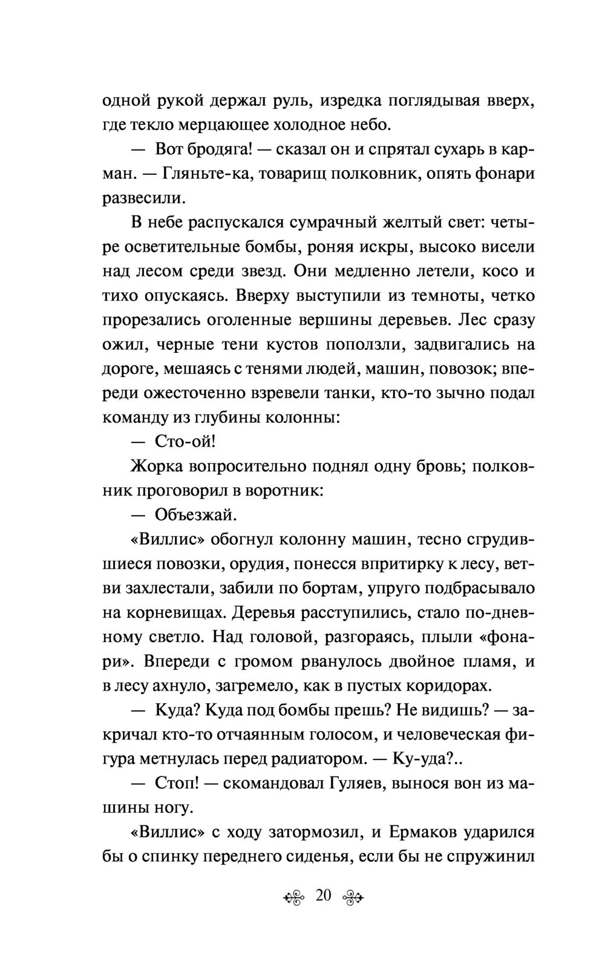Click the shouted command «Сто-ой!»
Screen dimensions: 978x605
click(x=185, y=441)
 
